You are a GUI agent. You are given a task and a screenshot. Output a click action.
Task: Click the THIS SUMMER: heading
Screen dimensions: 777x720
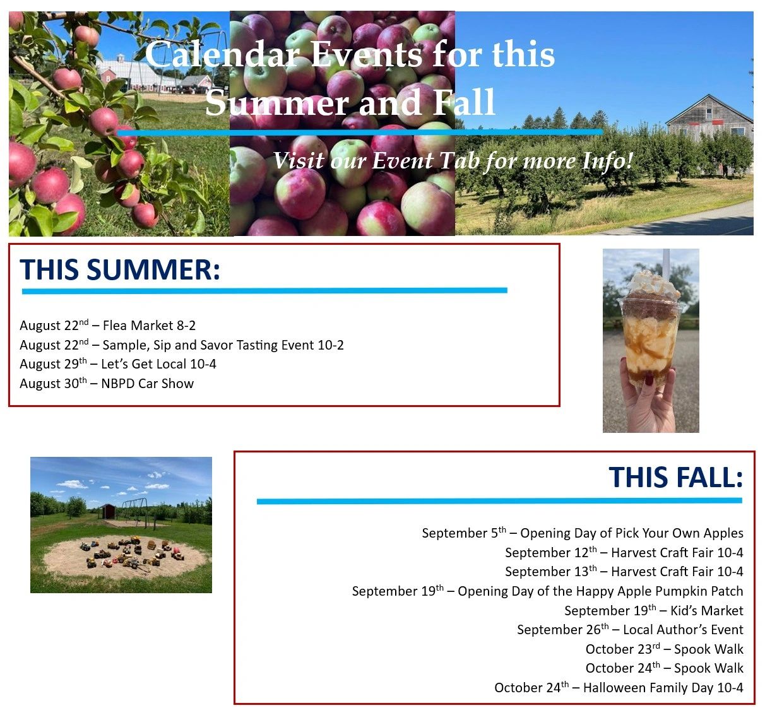tap(120, 270)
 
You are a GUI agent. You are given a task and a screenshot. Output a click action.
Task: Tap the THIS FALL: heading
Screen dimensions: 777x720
tap(675, 478)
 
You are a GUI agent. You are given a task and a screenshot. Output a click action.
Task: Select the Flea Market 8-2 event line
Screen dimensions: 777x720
tap(107, 326)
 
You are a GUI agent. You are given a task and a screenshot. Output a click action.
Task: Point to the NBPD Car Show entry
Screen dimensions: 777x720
tap(107, 384)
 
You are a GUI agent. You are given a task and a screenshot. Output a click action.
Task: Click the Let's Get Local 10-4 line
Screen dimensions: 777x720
tap(118, 364)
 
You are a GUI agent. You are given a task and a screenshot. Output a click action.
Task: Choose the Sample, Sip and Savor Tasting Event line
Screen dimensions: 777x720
tap(182, 345)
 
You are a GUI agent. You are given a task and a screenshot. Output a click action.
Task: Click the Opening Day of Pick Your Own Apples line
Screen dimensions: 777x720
tap(583, 533)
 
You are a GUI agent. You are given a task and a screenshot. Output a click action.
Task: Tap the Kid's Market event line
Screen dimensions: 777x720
tap(654, 610)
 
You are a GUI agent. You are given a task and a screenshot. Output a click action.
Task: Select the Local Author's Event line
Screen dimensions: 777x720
tap(631, 630)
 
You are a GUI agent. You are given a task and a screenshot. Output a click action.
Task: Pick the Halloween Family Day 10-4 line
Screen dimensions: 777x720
tap(619, 688)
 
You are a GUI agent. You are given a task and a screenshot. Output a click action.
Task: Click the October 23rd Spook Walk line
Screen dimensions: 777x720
tap(664, 649)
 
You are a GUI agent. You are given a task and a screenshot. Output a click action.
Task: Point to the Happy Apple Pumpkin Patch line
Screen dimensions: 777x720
tap(548, 591)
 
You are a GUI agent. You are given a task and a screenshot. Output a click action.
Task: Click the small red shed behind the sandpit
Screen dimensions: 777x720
tap(108, 512)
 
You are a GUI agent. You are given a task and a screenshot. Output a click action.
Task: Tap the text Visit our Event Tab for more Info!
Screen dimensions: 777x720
tap(453, 161)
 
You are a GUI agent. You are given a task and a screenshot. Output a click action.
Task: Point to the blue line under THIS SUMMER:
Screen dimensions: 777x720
tap(265, 291)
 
